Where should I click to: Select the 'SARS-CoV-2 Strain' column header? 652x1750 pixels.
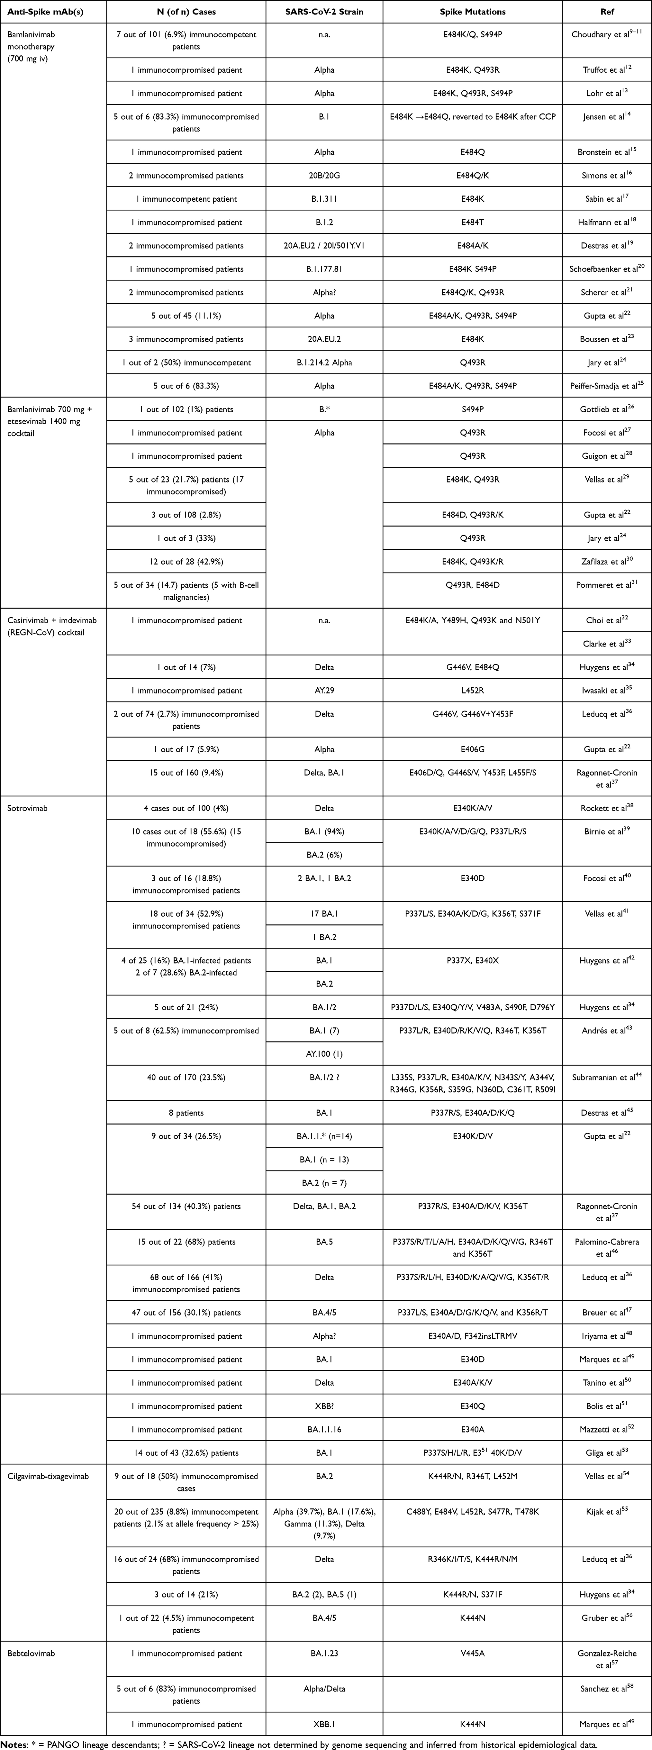(x=324, y=12)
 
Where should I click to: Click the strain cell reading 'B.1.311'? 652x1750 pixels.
(x=324, y=199)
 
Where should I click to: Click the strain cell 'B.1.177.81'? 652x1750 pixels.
(x=324, y=269)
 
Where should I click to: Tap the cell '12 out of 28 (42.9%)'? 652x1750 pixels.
(x=186, y=561)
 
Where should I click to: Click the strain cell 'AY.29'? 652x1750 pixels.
(x=324, y=690)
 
